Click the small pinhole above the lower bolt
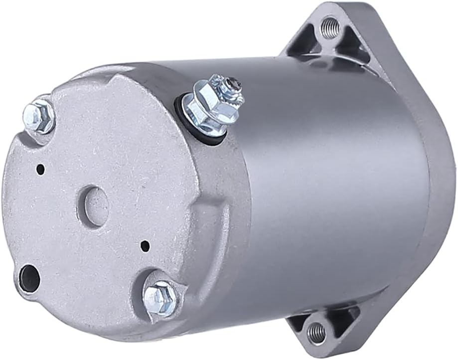point(145,245)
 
